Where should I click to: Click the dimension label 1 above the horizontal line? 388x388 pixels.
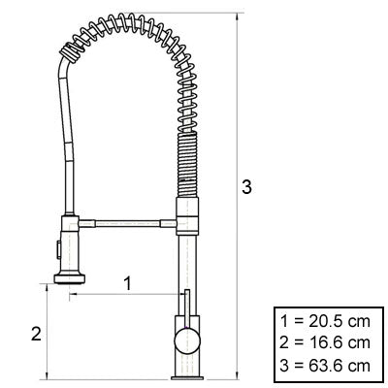127,282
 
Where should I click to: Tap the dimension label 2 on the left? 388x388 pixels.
36,333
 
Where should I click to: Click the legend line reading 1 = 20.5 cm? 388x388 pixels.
324,322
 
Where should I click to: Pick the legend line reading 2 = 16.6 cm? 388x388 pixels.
324,342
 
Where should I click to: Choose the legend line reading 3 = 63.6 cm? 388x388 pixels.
324,364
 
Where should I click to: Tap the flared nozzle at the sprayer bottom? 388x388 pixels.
72,278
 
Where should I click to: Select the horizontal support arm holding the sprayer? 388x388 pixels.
126,223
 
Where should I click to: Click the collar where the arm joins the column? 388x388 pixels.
185,219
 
